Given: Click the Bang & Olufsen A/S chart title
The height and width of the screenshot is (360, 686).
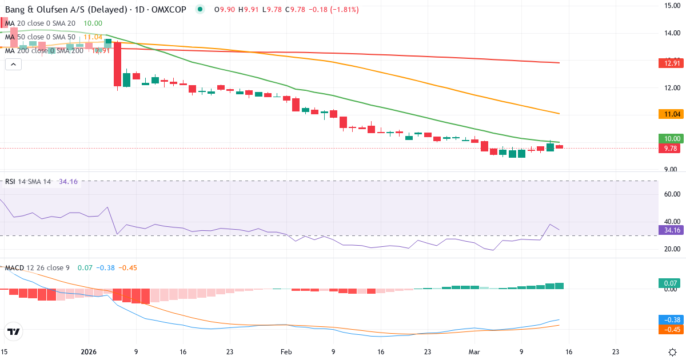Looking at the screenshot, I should coord(74,9).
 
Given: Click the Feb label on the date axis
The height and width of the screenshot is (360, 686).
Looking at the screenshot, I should coord(286,351).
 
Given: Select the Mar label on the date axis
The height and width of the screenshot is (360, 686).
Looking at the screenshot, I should coord(474,351).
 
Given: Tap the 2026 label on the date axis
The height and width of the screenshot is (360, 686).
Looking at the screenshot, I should coord(89,351).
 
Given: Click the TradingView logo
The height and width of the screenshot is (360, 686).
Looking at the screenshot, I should coord(14,331).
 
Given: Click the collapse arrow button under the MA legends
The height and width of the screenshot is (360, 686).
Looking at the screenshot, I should coord(13,65).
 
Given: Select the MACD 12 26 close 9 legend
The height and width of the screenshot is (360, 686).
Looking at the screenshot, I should coord(37,267).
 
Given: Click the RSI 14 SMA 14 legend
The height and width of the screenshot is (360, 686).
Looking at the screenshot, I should coord(27,182).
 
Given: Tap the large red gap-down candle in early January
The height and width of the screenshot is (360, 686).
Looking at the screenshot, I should coord(117,63).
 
